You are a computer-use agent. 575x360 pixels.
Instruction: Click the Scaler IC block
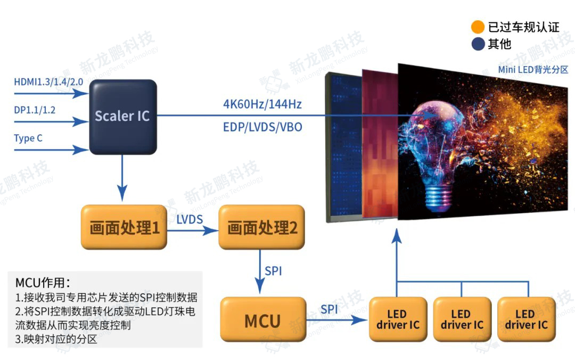pos(122,116)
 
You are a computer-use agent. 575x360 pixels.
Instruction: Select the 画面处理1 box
pos(125,228)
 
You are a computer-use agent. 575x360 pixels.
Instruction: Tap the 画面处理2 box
pos(262,228)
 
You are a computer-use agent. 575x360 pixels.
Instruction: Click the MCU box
pos(263,321)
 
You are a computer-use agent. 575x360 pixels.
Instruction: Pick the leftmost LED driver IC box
pos(398,320)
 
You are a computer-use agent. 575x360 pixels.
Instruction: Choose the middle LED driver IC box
pos(462,320)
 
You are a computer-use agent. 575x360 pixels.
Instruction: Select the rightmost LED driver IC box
pos(526,320)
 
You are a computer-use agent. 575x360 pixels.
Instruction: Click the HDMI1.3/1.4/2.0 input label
pos(48,82)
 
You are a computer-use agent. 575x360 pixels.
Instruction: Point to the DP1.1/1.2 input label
pos(35,110)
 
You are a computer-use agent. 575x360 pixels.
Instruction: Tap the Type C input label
pos(28,138)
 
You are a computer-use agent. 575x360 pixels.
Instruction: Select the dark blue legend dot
pos(478,44)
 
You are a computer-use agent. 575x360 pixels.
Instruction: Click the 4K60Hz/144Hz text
pos(262,104)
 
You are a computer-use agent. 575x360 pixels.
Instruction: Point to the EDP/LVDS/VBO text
pos(262,128)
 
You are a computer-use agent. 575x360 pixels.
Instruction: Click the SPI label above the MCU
pos(273,271)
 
